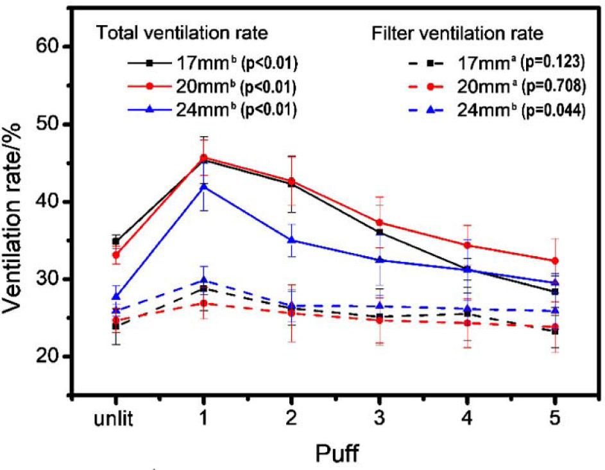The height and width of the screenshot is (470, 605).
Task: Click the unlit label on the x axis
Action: point(115,421)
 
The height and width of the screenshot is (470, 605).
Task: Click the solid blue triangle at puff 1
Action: point(203,187)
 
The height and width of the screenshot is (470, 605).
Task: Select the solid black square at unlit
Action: point(115,241)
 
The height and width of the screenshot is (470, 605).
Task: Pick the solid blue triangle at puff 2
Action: point(291,239)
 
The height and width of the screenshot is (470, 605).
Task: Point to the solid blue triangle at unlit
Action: point(115,296)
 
